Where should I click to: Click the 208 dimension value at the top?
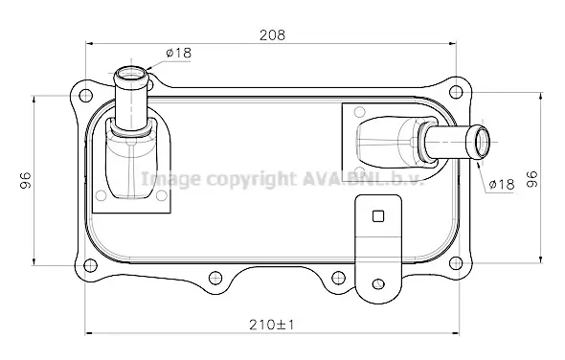272,35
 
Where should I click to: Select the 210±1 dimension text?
272,325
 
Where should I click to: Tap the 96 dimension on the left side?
26,180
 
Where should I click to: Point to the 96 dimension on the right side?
531,179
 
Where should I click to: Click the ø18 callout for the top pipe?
179,54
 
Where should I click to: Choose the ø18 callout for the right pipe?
502,184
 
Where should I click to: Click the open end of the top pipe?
131,75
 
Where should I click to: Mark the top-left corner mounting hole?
85,96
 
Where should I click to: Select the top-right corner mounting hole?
456,92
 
